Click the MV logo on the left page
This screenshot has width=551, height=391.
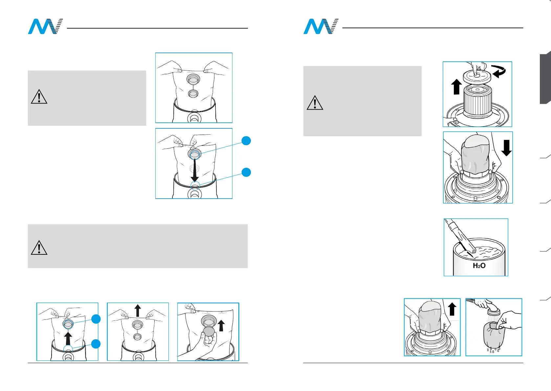coord(45,27)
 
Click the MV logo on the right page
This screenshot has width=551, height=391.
coord(320,27)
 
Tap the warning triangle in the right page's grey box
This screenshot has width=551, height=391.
coord(315,103)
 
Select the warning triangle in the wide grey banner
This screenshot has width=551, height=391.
coord(39,248)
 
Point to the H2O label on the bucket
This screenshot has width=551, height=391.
coord(479,266)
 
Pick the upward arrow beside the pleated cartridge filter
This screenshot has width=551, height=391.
coord(456,87)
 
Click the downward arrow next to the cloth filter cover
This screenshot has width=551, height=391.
coord(506,148)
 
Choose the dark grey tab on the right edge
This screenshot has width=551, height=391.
coord(545,79)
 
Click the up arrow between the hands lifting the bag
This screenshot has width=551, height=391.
coord(138,310)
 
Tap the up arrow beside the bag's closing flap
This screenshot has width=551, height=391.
coord(221,326)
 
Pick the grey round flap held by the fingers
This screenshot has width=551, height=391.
coord(209,332)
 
